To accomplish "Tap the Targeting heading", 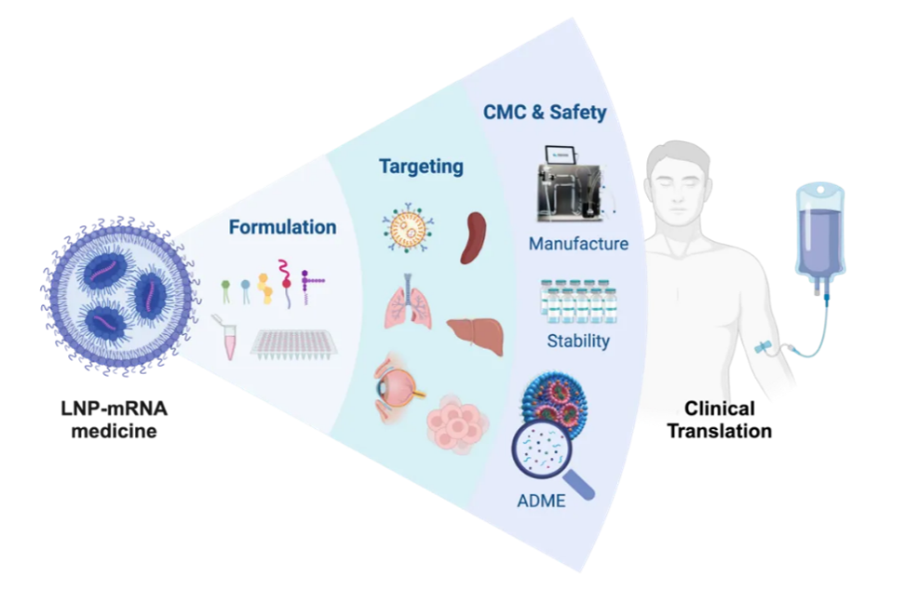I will click(x=421, y=167).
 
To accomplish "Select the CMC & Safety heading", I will click(x=545, y=113).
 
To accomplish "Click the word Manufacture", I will click(x=578, y=244).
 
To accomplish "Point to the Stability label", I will click(x=578, y=341).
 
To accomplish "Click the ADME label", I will click(x=541, y=502).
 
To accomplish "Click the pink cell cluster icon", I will click(x=457, y=427).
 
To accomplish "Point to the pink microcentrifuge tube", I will click(x=224, y=337).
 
